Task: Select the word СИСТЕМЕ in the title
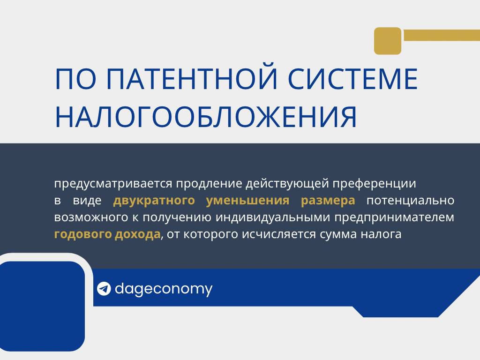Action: click(353, 79)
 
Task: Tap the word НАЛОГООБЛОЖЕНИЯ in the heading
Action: click(206, 117)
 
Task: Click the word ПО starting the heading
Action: click(75, 79)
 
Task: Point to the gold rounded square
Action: click(388, 41)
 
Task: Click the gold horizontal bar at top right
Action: click(442, 35)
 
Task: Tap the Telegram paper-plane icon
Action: click(104, 289)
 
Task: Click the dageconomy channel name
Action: click(164, 289)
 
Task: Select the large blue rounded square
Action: click(42, 306)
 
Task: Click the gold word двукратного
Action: click(154, 201)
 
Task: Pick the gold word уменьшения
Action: click(247, 201)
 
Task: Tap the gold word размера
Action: click(328, 201)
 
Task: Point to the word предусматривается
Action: click(113, 184)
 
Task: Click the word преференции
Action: click(374, 184)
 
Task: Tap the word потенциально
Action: click(411, 201)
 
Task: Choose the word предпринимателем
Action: click(394, 217)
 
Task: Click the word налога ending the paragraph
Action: click(381, 234)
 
